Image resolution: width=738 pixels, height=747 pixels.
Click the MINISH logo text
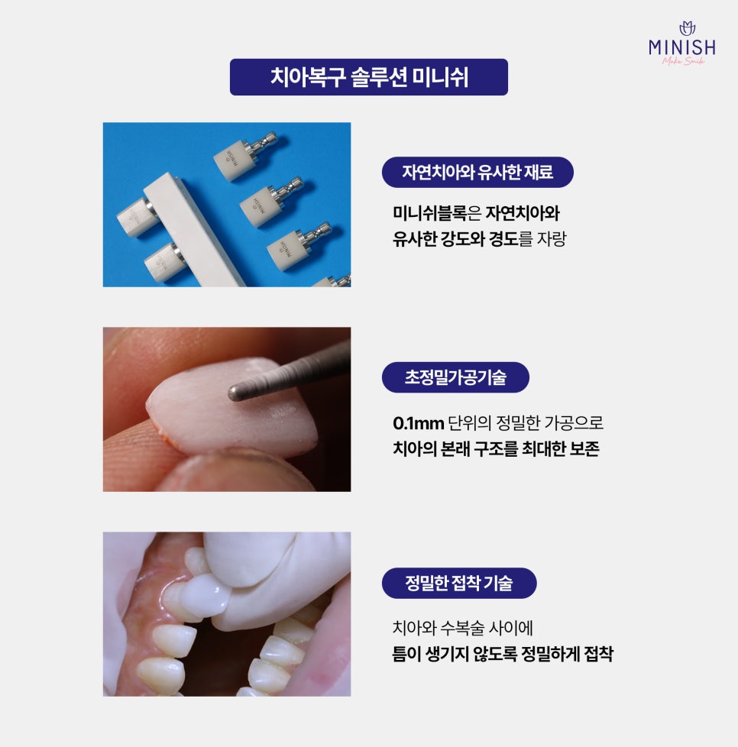(x=681, y=47)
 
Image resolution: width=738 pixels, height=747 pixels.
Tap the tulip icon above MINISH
(x=687, y=28)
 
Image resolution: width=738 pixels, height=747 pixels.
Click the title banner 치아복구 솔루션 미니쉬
(x=369, y=77)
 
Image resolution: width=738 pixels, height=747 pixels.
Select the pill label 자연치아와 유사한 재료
(x=477, y=172)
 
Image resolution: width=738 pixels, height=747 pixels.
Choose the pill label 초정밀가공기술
(x=455, y=377)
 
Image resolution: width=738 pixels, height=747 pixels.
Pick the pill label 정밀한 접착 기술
(x=459, y=583)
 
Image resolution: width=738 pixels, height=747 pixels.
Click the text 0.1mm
(x=419, y=422)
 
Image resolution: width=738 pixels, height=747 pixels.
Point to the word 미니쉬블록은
(x=437, y=213)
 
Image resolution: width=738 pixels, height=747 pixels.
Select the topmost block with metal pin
(x=245, y=155)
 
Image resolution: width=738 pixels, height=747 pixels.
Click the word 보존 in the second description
(x=584, y=449)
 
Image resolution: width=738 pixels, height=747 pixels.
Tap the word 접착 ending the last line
(x=598, y=654)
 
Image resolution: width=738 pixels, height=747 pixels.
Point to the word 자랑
(x=552, y=238)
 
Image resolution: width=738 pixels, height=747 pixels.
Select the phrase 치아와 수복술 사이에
(x=463, y=627)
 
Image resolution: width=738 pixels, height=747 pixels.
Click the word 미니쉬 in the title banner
(x=441, y=77)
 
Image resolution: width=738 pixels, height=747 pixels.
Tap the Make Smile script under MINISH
(x=684, y=61)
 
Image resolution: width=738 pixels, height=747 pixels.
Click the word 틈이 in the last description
(x=407, y=654)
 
